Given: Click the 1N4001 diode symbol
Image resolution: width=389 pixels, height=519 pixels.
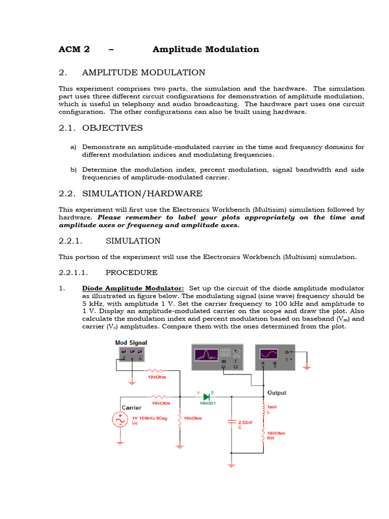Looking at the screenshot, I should click(206, 397).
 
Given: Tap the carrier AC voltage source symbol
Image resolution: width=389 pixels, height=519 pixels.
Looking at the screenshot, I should click(120, 420).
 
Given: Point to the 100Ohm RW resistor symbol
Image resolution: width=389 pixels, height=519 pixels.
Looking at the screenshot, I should click(263, 436).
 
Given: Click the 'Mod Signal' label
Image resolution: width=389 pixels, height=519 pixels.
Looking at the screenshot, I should click(131, 343).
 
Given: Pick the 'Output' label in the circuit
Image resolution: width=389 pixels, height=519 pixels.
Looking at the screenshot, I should click(277, 393).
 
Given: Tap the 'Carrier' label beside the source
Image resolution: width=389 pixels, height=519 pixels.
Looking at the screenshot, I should click(131, 407).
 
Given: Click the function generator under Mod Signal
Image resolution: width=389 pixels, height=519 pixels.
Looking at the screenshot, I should click(131, 353).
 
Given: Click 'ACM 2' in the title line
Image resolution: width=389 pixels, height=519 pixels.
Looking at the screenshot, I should click(74, 49).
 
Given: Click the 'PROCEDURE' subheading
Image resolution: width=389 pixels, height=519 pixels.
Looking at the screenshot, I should click(131, 273).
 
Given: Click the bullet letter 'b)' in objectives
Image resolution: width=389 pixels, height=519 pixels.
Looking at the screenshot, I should click(73, 169).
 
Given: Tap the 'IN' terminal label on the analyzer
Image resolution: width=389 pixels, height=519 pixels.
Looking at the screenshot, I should click(223, 361).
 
